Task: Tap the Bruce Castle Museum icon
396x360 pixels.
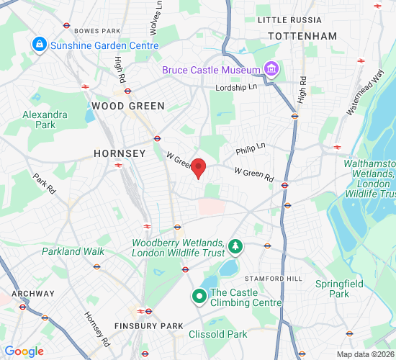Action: point(271,69)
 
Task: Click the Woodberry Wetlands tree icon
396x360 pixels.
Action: point(235,248)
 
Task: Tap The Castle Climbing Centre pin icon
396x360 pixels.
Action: point(198,297)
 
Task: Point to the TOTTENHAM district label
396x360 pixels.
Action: point(302,36)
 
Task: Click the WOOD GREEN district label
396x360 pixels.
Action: point(128,106)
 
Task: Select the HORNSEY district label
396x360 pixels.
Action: point(120,153)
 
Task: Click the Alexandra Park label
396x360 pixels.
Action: point(45,120)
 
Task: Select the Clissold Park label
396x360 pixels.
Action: point(217,334)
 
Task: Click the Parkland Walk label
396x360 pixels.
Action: point(73,251)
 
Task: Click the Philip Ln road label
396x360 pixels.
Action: point(251,148)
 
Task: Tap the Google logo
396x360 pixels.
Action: point(24,351)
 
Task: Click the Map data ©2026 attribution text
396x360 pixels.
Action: point(364,354)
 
